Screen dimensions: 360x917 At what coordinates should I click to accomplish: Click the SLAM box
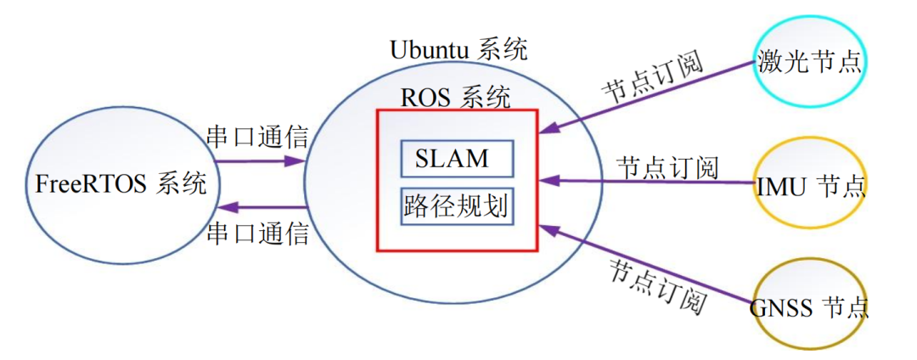tap(457, 158)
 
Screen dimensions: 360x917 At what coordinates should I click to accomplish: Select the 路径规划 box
tap(457, 206)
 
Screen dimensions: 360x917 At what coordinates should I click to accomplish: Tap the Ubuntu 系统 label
tap(458, 48)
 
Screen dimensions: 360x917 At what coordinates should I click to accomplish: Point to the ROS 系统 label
tap(456, 97)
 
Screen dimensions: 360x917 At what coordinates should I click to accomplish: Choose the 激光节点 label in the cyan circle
tap(809, 62)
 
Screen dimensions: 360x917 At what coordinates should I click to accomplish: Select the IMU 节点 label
tap(809, 185)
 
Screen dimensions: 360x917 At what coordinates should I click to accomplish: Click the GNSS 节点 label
tap(809, 307)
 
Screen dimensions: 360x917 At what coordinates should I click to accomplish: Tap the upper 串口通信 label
tap(258, 137)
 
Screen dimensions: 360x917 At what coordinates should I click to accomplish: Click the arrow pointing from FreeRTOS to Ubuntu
tap(259, 160)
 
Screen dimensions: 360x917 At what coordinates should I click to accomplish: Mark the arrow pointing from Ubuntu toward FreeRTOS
tap(259, 207)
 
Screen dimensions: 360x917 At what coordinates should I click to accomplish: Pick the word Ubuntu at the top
tap(430, 48)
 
